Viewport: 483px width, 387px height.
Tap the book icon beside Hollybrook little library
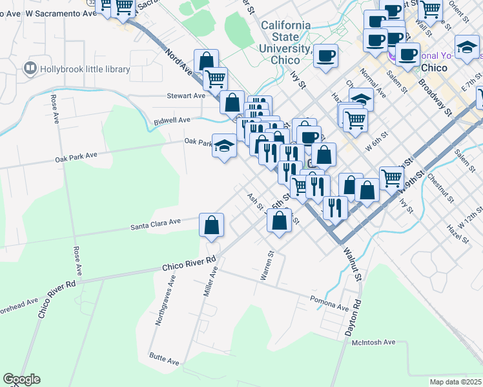29,68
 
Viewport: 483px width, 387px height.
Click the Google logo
21,379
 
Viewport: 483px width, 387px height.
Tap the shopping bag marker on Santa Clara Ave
211,226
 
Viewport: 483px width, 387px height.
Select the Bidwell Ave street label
172,120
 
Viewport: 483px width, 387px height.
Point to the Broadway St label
434,98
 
